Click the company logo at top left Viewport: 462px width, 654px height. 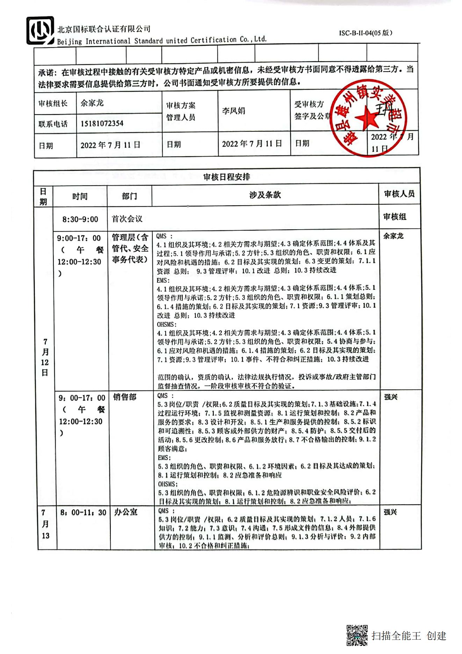click(x=40, y=30)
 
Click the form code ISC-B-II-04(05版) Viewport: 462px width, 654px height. click(x=366, y=33)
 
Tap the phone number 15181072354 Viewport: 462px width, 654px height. click(x=102, y=123)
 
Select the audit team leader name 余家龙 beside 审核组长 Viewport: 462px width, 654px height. click(x=92, y=103)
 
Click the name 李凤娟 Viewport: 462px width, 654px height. click(x=233, y=111)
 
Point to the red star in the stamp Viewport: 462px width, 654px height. click(x=367, y=117)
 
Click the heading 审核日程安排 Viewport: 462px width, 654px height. click(x=226, y=177)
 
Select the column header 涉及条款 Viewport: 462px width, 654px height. click(x=265, y=195)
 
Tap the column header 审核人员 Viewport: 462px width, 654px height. click(x=399, y=194)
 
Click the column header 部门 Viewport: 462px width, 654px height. click(x=129, y=196)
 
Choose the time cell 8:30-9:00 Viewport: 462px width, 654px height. click(x=80, y=220)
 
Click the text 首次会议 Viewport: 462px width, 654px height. click(x=127, y=219)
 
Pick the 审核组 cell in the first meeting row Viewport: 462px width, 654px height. click(x=395, y=217)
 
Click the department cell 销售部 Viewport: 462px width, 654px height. click(x=124, y=397)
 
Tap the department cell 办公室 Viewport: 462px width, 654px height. click(x=126, y=512)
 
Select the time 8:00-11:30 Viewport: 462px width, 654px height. click(x=83, y=512)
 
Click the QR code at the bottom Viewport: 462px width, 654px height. click(x=357, y=635)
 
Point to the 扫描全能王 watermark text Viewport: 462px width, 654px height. click(x=396, y=635)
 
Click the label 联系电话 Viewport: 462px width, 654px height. click(x=53, y=124)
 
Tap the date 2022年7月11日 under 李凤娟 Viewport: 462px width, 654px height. click(x=252, y=144)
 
